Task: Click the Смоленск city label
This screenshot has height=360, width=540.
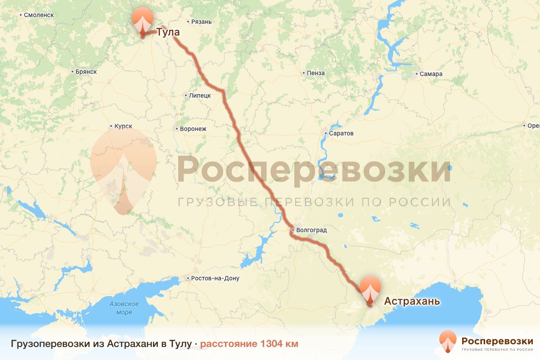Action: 39,15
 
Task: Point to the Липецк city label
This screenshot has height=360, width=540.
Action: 200,95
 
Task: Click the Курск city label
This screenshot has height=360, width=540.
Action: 123,127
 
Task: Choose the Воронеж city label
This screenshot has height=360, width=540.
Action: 193,129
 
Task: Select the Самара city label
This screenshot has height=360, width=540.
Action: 432,74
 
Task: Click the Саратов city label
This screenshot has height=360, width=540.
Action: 342,134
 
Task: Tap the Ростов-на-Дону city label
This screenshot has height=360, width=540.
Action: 215,279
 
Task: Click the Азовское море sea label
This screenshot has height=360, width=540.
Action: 124,308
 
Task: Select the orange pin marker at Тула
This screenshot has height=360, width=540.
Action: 143,21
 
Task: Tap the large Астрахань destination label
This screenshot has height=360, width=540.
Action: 412,301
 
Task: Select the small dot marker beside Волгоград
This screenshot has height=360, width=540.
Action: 292,230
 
